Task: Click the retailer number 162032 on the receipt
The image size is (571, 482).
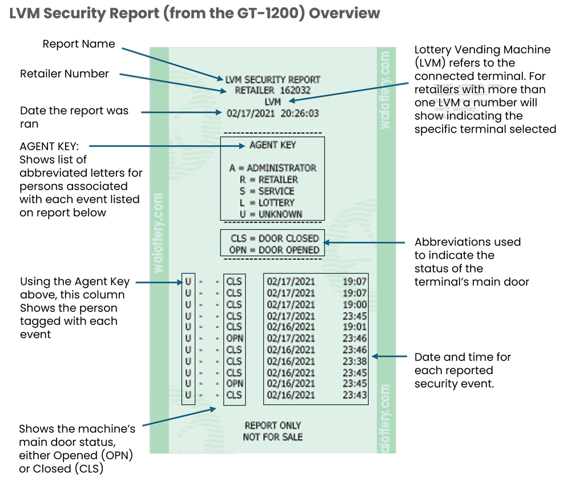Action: coord(295,90)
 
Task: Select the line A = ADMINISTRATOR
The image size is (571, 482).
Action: coord(272,168)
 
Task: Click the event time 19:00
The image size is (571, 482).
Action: coord(354,304)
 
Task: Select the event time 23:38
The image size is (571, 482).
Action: coord(354,361)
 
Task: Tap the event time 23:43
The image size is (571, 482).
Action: coord(354,395)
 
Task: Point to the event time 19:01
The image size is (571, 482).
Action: coord(354,327)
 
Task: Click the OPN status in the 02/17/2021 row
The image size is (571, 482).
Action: coord(234,338)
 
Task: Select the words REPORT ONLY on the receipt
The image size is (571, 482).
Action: coord(272,425)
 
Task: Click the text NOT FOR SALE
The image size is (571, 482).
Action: coord(272,437)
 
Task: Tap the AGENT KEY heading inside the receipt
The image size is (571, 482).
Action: coord(272,145)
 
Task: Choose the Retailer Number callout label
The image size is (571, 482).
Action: coord(64,74)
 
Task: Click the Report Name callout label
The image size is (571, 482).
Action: coord(79,44)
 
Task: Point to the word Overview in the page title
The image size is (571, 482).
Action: coord(345,13)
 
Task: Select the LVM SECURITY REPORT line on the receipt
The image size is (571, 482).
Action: coord(272,79)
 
